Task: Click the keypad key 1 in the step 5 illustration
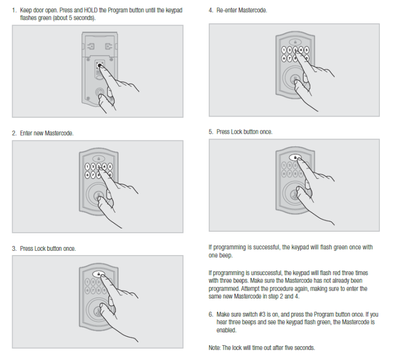284,166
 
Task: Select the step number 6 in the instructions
210,314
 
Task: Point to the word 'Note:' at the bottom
216,348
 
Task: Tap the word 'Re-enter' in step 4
226,11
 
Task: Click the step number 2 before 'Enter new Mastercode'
14,133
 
